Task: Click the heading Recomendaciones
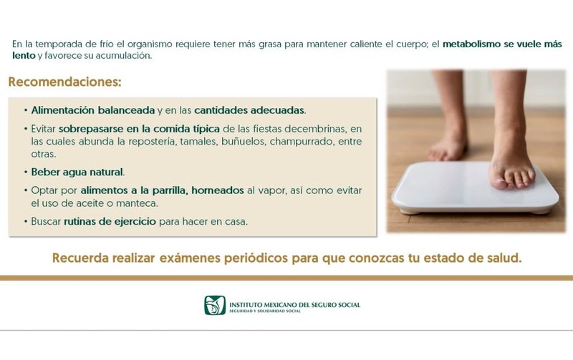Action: [64, 82]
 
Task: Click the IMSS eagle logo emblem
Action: [214, 305]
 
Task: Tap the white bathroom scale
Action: [475, 188]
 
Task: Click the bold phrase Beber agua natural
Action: [77, 172]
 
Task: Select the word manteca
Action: [137, 203]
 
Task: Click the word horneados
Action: [218, 190]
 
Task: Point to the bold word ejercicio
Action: [135, 222]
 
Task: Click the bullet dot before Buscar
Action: [26, 221]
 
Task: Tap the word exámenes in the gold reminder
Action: [190, 258]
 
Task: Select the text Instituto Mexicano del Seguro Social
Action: [294, 304]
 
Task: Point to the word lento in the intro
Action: [24, 56]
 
